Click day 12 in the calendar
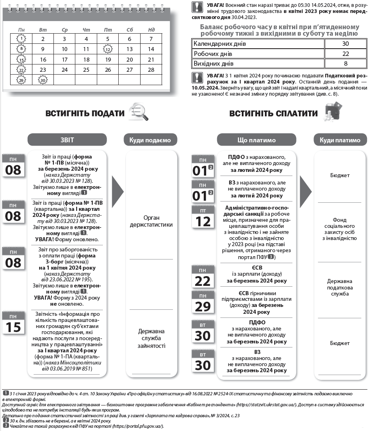point(108,49)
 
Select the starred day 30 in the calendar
point(43,80)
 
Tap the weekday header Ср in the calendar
point(64,30)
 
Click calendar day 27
point(130,70)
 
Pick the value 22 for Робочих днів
point(345,54)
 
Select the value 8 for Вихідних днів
point(345,64)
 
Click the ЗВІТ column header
point(67,140)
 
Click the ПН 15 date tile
point(13,323)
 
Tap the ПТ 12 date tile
point(203,217)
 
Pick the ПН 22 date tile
point(203,277)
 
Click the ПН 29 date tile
point(203,303)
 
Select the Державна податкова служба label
point(339,287)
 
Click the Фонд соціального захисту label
point(339,229)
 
